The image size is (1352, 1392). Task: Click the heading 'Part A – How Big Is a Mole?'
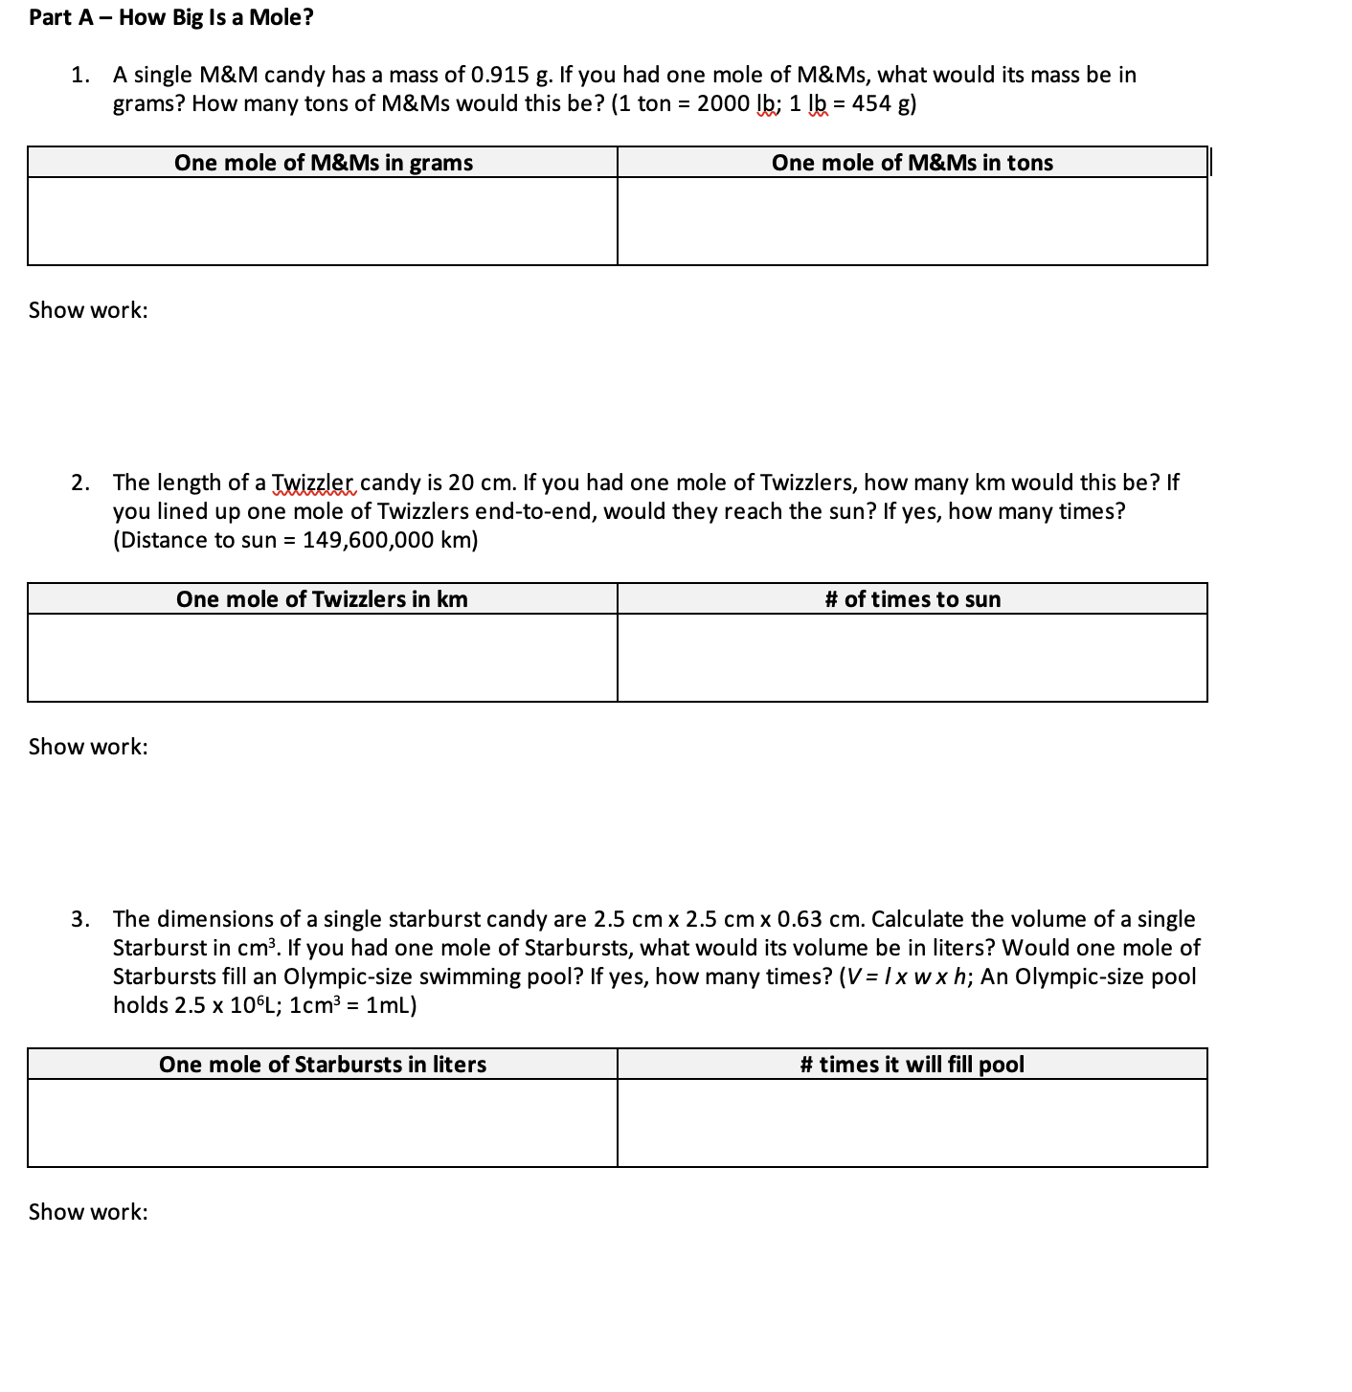pyautogui.click(x=171, y=17)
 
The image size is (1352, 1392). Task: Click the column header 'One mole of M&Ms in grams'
pyautogui.click(x=323, y=163)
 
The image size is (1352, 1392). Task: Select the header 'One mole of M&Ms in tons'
pyautogui.click(x=912, y=163)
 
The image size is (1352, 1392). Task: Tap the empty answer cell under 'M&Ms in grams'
pyautogui.click(x=323, y=221)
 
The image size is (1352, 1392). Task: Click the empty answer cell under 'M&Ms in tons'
pyautogui.click(x=912, y=221)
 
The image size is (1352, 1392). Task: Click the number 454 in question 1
pyautogui.click(x=871, y=103)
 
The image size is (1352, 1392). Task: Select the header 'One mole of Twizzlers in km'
pyautogui.click(x=322, y=599)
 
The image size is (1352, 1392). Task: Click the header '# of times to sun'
pyautogui.click(x=912, y=599)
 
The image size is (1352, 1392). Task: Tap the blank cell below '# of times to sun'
pyautogui.click(x=912, y=658)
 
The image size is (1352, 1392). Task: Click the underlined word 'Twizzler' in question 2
pyautogui.click(x=313, y=483)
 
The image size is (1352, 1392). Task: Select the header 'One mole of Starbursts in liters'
pyautogui.click(x=322, y=1065)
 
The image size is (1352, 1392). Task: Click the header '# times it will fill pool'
pyautogui.click(x=912, y=1065)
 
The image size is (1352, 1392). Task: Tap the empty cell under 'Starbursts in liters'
pyautogui.click(x=322, y=1123)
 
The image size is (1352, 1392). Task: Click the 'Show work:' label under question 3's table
pyautogui.click(x=88, y=1212)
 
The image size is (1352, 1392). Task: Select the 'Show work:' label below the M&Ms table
pyautogui.click(x=88, y=310)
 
